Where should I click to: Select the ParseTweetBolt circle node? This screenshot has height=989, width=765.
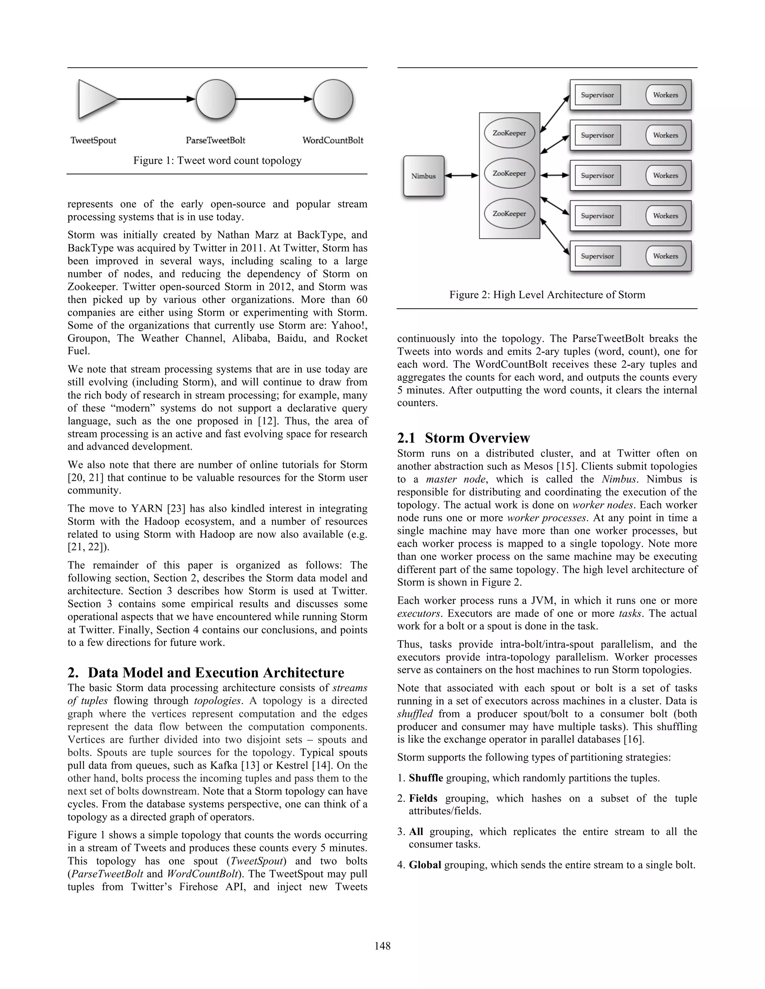click(x=216, y=99)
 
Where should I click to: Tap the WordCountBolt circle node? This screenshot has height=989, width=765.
click(x=333, y=99)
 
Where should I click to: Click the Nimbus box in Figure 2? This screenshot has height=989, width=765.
click(x=424, y=176)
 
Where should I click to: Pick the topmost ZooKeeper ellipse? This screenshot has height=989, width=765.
click(x=510, y=134)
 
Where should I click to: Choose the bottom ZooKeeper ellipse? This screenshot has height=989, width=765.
click(x=510, y=214)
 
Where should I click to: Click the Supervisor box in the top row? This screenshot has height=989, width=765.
click(x=597, y=95)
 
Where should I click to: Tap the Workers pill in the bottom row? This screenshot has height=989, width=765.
click(x=665, y=256)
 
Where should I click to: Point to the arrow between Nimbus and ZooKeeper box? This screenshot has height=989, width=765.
click(x=461, y=176)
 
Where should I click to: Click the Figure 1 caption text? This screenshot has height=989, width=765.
click(x=217, y=161)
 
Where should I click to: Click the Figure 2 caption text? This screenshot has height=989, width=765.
click(x=547, y=295)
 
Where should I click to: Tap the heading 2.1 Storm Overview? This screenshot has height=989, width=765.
click(x=463, y=438)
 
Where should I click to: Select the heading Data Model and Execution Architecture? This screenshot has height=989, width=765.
click(x=216, y=673)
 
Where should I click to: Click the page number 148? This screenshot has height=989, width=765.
click(x=382, y=946)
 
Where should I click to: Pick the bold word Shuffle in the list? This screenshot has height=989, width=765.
click(x=425, y=778)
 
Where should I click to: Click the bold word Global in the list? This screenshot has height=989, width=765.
click(x=425, y=865)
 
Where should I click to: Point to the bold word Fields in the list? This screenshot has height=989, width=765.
click(x=423, y=798)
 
